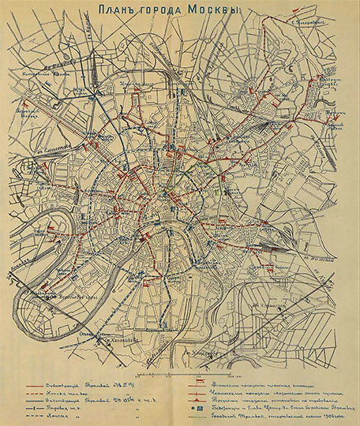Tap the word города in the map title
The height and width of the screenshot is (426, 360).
(170, 10)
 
